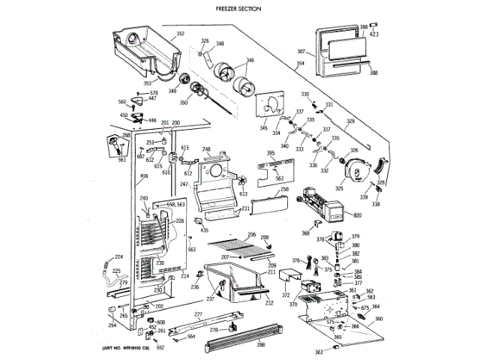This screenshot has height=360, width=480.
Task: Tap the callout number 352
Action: point(181,34)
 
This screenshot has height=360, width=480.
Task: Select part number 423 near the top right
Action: point(374,34)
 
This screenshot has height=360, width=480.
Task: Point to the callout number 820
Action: point(358,216)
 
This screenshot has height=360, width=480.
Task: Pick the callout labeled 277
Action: point(198,313)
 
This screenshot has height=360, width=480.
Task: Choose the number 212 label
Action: point(268,303)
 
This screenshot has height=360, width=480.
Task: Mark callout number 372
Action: point(285,296)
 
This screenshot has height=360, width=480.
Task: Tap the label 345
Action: point(264,129)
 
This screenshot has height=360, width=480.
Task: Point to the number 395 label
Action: point(271,153)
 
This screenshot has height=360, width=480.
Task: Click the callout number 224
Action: point(117,259)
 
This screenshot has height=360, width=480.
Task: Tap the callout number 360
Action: point(379,319)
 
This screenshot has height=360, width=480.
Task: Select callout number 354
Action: point(301,64)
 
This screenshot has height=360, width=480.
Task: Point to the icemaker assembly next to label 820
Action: point(321,205)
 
